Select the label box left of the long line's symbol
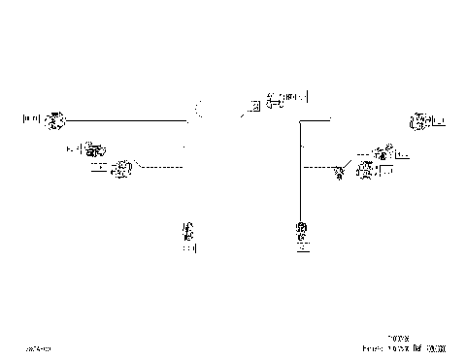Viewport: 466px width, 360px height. pyautogui.click(x=31, y=120)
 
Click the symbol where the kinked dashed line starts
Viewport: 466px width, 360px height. pyautogui.click(x=121, y=171)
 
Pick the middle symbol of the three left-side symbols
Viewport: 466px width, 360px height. pyautogui.click(x=94, y=149)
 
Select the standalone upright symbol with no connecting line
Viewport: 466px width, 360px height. pyautogui.click(x=188, y=230)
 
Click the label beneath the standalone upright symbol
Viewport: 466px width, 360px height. pyautogui.click(x=188, y=247)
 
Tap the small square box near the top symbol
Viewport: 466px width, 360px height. pyautogui.click(x=253, y=106)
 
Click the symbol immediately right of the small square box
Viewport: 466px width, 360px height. pyautogui.click(x=274, y=98)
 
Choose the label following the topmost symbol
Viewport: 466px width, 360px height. pyautogui.click(x=296, y=97)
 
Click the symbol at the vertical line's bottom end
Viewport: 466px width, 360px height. pyautogui.click(x=302, y=230)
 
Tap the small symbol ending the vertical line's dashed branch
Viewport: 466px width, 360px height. pyautogui.click(x=339, y=174)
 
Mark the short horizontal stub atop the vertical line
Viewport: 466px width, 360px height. pyautogui.click(x=316, y=120)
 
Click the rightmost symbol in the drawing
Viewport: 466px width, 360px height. pyautogui.click(x=420, y=121)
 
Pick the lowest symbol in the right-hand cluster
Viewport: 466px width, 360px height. pyautogui.click(x=366, y=171)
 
